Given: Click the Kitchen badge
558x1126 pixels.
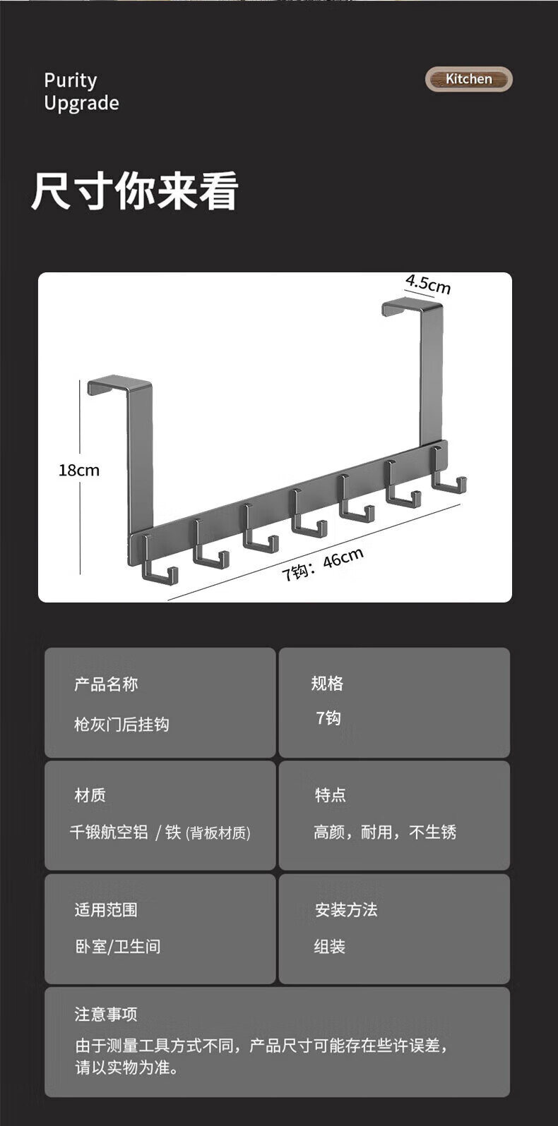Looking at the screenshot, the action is (468, 79).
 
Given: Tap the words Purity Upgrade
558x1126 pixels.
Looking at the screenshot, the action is (81, 92).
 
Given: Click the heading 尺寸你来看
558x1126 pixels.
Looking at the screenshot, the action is (134, 191).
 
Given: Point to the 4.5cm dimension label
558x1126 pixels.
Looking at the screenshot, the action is (428, 284).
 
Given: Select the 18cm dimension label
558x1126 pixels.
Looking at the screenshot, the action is (78, 471).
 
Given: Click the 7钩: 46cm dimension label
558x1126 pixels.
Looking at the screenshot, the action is (322, 564).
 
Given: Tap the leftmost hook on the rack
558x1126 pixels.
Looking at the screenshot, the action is (158, 564).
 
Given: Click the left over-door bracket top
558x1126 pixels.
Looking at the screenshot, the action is (119, 385).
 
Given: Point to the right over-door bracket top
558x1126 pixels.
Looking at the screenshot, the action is (412, 305).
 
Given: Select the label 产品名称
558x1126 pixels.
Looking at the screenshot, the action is (106, 684).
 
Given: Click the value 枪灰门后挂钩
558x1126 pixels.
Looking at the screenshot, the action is (121, 725).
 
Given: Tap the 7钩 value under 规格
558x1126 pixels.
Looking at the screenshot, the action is (328, 718).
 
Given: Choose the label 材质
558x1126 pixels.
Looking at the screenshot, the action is (90, 795).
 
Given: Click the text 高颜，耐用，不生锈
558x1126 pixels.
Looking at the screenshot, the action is (385, 833).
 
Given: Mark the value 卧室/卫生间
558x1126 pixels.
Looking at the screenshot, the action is (118, 947).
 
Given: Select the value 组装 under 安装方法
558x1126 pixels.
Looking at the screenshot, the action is (330, 947).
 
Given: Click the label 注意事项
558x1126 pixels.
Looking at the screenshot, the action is (106, 1015).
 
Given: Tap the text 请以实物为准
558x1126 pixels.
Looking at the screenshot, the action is (127, 1067).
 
